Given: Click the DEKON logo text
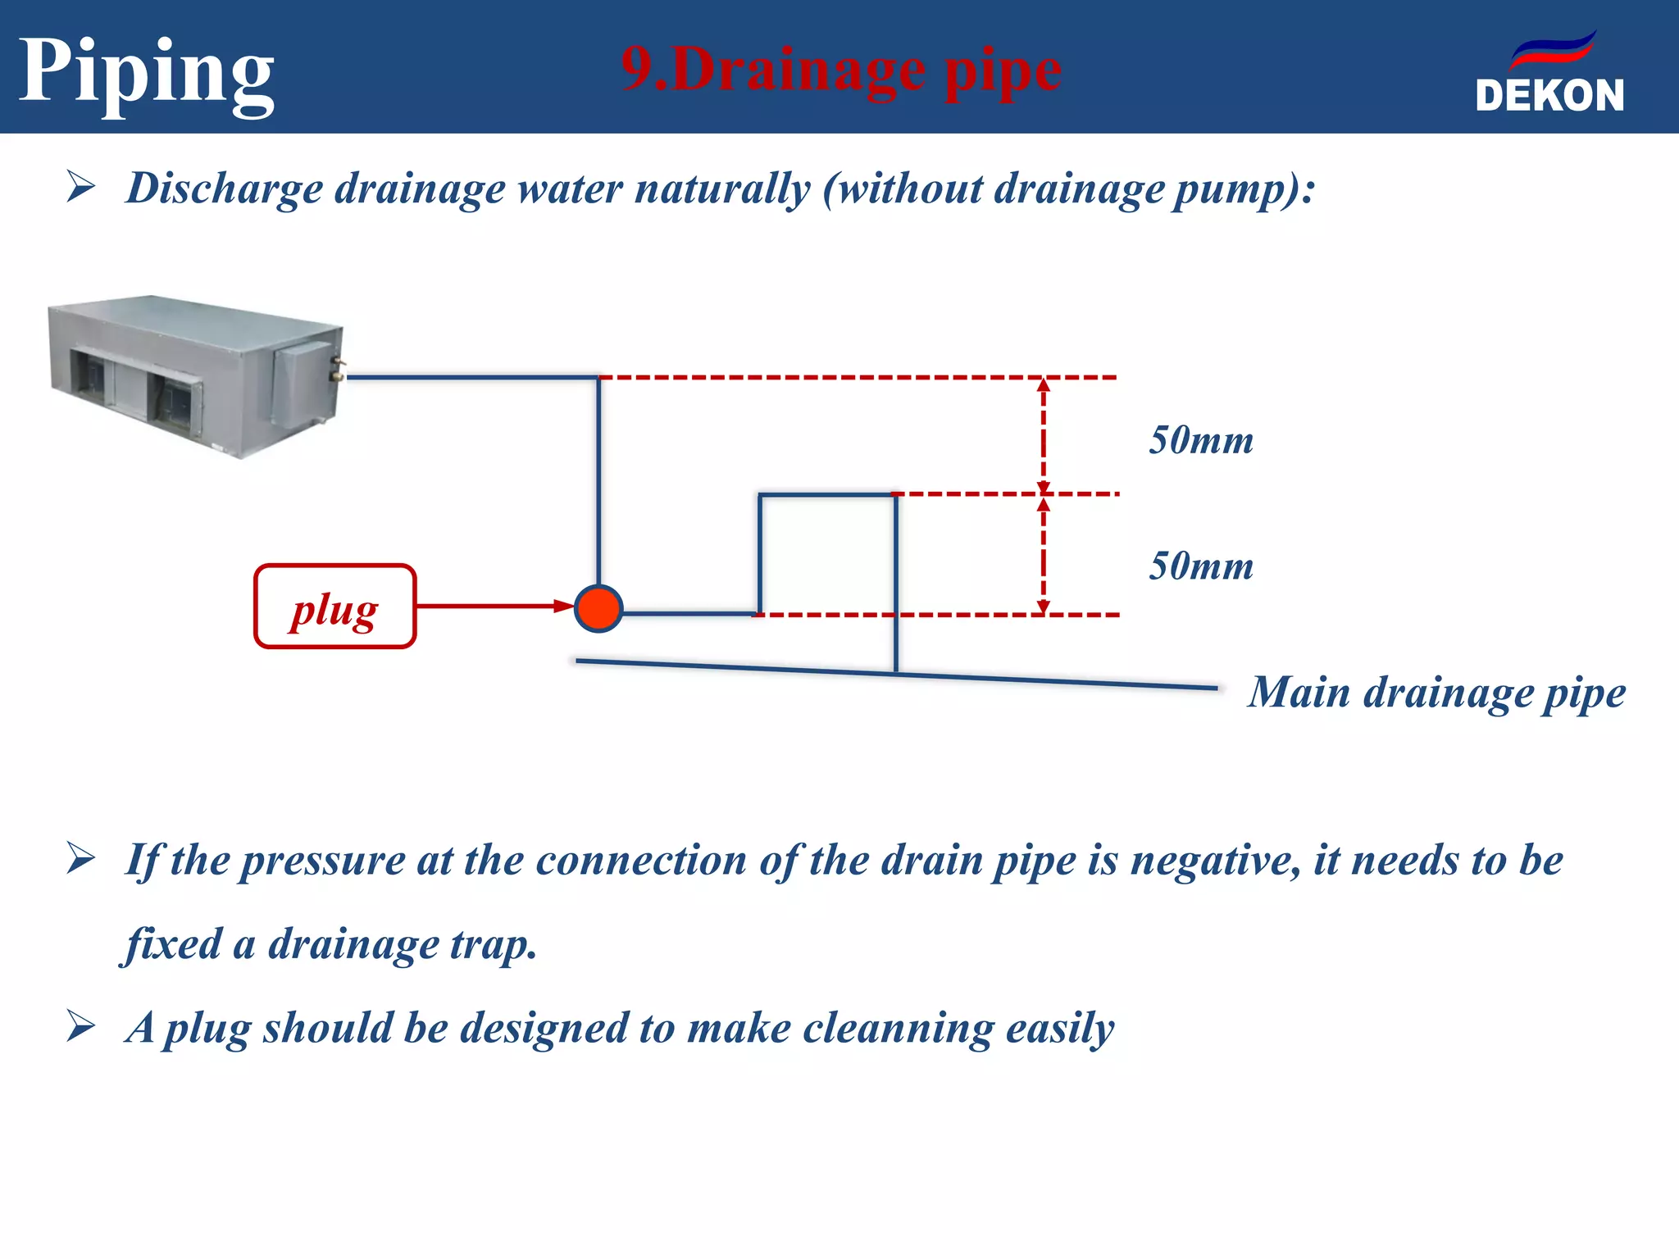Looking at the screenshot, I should (1549, 96).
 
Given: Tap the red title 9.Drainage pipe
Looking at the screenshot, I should (841, 70).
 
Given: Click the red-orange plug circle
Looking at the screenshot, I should (598, 608).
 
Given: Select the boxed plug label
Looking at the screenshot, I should (334, 607).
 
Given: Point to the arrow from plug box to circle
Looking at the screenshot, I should (492, 607).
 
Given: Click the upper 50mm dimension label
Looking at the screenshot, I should (1201, 441).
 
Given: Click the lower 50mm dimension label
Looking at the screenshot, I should (1201, 566).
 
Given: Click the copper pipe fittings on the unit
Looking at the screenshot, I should (338, 368).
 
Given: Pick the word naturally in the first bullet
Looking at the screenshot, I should (722, 189).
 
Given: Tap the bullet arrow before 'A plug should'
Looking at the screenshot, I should (81, 1026).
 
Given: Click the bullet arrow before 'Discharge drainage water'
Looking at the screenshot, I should (81, 187).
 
